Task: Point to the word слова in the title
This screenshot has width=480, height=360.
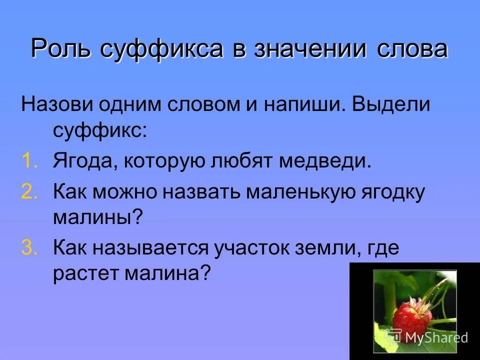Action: pyautogui.click(x=411, y=49)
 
